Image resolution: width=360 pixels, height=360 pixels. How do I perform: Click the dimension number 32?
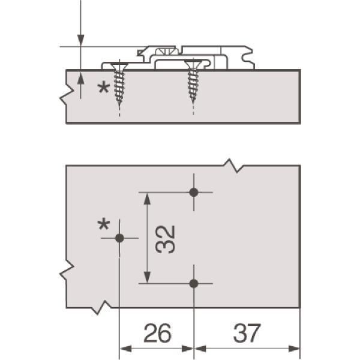pyautogui.click(x=166, y=239)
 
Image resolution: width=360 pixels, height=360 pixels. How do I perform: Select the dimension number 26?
pyautogui.click(x=157, y=332)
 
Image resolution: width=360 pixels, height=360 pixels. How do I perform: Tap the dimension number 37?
pyautogui.click(x=247, y=332)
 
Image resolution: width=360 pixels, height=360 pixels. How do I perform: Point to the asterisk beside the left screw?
pyautogui.click(x=104, y=88)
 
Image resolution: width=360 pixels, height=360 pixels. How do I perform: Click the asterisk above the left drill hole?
pyautogui.click(x=104, y=224)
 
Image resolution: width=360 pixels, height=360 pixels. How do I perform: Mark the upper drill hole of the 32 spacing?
pyautogui.click(x=194, y=192)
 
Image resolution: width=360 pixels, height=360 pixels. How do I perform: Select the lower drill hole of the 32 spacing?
pyautogui.click(x=194, y=284)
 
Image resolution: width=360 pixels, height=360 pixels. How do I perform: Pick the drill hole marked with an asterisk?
pyautogui.click(x=119, y=238)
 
